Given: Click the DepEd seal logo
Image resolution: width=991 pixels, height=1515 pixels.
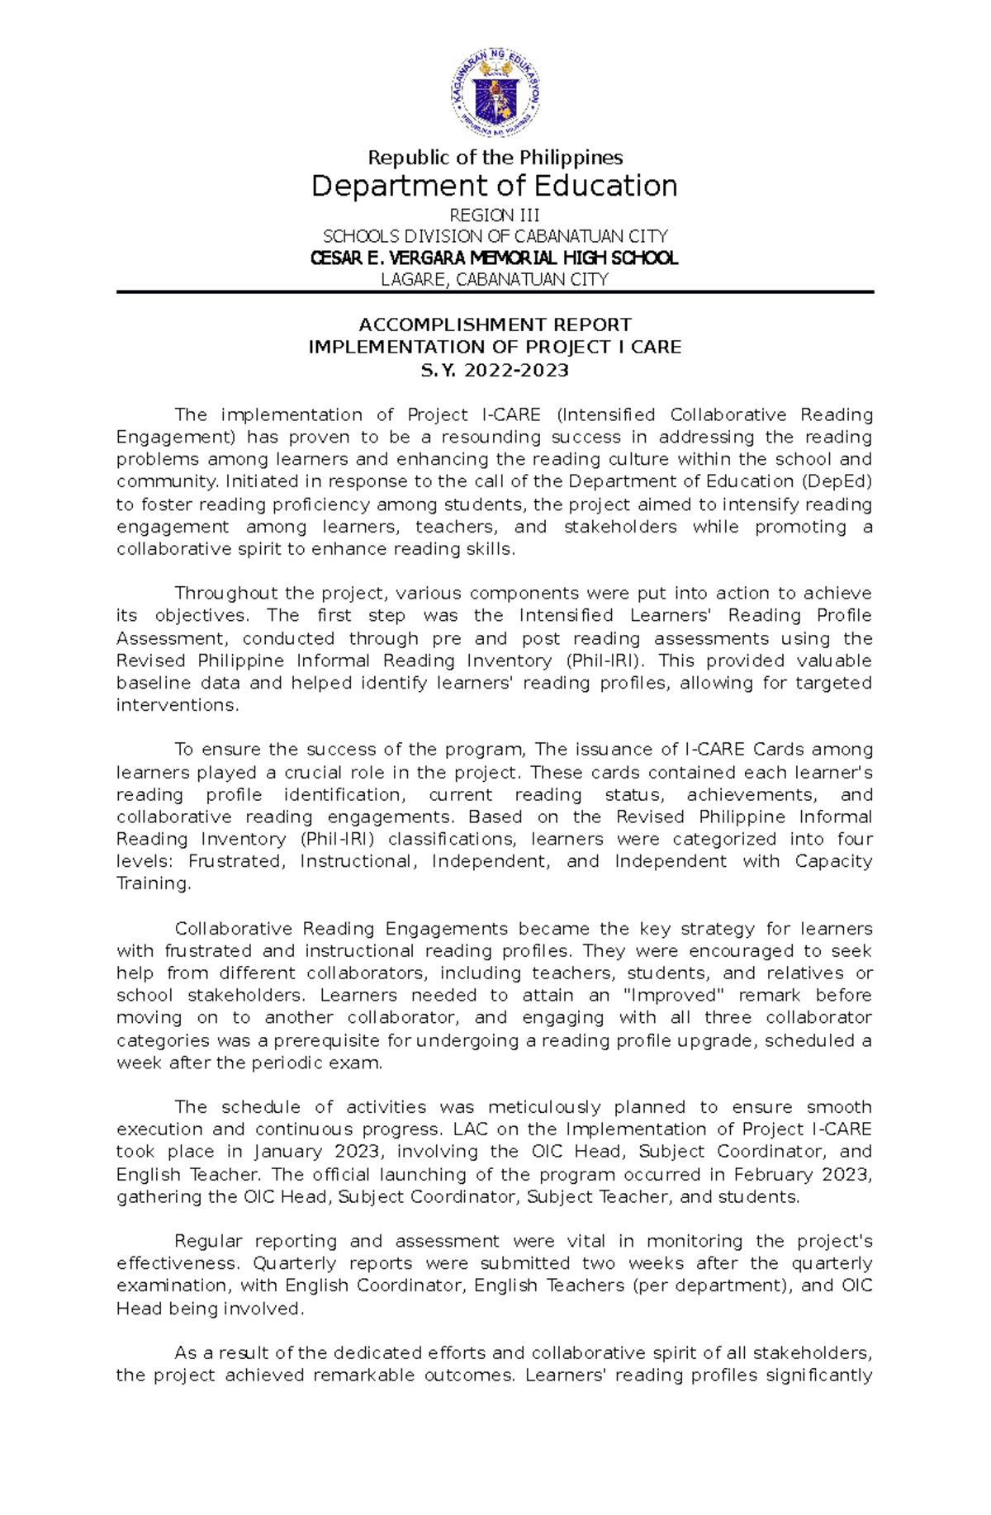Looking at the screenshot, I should (x=495, y=92).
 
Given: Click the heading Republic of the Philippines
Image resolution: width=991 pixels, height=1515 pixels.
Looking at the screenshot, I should (x=495, y=158).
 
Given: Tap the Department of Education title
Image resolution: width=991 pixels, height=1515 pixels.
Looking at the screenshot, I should (x=495, y=187).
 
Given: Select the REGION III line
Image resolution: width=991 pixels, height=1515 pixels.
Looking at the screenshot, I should (x=495, y=215).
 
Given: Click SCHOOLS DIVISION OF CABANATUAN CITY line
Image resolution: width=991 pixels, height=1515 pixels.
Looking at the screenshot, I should (x=495, y=237).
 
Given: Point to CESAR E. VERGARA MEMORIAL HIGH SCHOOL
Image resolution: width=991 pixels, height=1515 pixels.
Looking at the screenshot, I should (x=495, y=258).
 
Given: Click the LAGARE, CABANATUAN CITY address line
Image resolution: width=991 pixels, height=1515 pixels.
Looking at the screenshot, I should (x=495, y=280).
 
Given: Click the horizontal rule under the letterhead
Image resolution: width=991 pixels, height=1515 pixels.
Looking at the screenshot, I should (x=495, y=292).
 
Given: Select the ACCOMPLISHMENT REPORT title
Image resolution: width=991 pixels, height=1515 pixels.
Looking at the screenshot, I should (x=495, y=325).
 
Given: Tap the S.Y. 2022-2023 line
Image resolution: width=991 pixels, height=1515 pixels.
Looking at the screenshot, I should (x=495, y=371).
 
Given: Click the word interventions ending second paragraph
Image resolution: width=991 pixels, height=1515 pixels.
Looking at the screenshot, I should (x=176, y=706).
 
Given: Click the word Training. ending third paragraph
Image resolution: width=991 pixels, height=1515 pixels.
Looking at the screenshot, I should (x=154, y=884).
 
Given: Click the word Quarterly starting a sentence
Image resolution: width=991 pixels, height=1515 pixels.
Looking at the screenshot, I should (x=296, y=1264).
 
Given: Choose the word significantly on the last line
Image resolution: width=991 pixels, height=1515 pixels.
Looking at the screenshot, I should (x=818, y=1375).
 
